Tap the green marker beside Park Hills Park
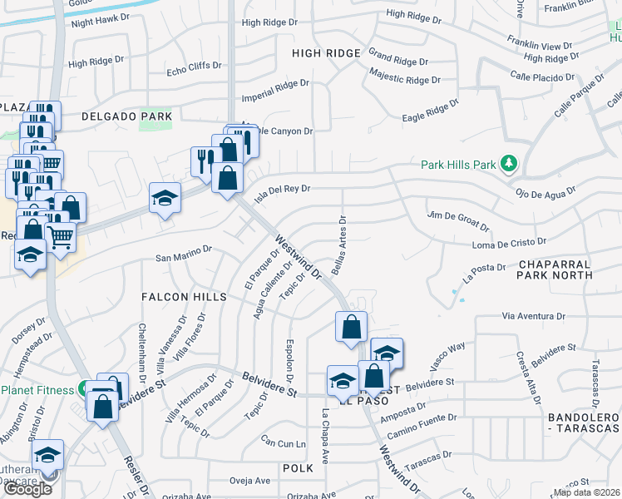[x=510, y=164]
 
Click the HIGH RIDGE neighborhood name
[x=326, y=53]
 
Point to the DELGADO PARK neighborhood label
[x=126, y=117]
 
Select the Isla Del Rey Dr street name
[x=281, y=190]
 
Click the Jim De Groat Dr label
[x=458, y=220]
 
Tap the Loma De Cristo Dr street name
[x=509, y=244]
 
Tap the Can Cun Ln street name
[x=284, y=442]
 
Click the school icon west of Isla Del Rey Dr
[x=165, y=198]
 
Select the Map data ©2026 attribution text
[x=587, y=492]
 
